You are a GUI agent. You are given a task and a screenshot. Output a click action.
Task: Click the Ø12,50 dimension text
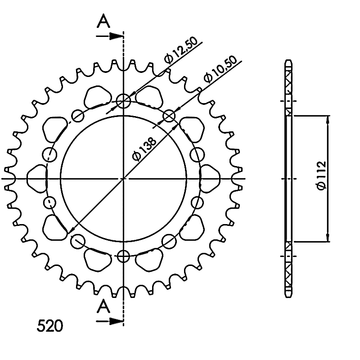pos(181,50)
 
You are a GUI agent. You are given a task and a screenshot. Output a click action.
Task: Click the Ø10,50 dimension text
pos(220,69)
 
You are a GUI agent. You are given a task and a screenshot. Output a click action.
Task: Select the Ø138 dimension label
pos(144,149)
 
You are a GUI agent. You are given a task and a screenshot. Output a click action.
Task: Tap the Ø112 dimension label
pos(321,175)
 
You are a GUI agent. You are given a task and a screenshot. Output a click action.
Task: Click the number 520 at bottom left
pos(50,325)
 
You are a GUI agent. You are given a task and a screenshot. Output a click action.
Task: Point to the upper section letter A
pos(103,21)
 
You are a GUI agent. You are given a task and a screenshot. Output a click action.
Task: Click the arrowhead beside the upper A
pos(117,36)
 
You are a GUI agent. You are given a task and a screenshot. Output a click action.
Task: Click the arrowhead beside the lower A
pos(117,321)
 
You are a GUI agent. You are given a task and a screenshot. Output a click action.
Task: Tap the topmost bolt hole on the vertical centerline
pos(123,101)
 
